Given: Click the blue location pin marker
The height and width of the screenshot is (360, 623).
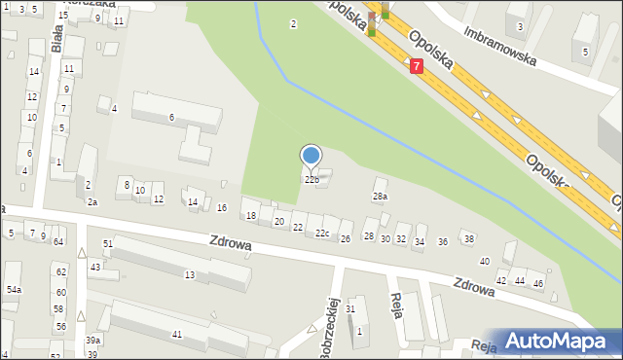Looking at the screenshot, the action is click(x=311, y=156).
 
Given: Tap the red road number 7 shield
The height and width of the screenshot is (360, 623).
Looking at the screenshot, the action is click(x=417, y=66).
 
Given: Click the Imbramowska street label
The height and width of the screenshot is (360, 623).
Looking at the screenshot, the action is click(x=500, y=45).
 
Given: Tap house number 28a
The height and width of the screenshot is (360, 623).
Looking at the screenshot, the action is click(x=380, y=197).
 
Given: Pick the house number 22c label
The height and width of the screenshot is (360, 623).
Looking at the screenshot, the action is click(x=322, y=234).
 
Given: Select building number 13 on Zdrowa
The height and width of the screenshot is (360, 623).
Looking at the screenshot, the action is click(x=190, y=275).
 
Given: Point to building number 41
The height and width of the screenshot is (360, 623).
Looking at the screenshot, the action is click(x=176, y=335).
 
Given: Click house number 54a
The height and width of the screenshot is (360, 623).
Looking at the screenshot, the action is click(x=14, y=290).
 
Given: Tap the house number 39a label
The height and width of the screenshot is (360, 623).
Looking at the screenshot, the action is click(x=92, y=340).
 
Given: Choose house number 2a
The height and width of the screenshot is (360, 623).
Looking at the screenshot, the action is click(x=92, y=202).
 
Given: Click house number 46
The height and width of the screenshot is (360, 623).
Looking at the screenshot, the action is click(x=537, y=282).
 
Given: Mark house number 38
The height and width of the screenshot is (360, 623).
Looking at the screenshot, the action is click(x=468, y=239).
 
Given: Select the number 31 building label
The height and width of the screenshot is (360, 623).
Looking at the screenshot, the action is click(x=350, y=309).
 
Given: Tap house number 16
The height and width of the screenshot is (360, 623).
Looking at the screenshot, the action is click(x=222, y=208).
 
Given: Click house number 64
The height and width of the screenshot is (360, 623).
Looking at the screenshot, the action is click(x=58, y=241).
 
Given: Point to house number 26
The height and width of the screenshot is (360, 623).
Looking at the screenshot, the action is click(x=345, y=239).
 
